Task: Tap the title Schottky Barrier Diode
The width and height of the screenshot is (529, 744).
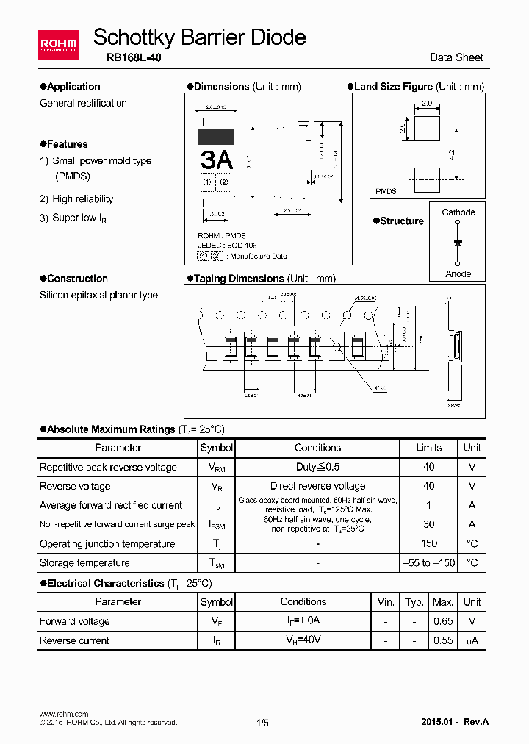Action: pos(200,37)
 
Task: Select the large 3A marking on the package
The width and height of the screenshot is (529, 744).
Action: pos(217,159)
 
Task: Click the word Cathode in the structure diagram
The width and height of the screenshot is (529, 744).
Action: pos(458,212)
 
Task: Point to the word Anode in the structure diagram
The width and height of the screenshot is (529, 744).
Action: pos(458,274)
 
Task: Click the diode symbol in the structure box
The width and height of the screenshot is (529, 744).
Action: pos(458,243)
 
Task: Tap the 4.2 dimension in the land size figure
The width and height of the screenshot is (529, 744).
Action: pos(452,154)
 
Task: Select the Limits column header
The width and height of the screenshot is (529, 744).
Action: pos(428,448)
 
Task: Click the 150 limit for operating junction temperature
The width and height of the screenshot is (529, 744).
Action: pos(428,544)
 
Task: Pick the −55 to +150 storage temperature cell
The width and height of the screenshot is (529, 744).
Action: pos(428,563)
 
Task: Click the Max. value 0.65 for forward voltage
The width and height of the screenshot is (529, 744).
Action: pos(443,621)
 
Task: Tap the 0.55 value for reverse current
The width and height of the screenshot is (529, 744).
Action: pos(443,640)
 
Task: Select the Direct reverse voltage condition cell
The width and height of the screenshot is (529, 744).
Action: pos(317,486)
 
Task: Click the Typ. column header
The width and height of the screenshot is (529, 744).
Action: pos(414,602)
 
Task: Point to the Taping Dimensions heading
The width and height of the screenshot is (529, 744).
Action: pos(264,279)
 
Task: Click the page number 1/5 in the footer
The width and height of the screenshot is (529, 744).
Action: pos(262,723)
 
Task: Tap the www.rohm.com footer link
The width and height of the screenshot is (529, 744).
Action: pos(63,714)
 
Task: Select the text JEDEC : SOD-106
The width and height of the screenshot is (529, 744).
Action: pos(228,246)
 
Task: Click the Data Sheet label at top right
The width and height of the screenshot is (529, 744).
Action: pos(456,57)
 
